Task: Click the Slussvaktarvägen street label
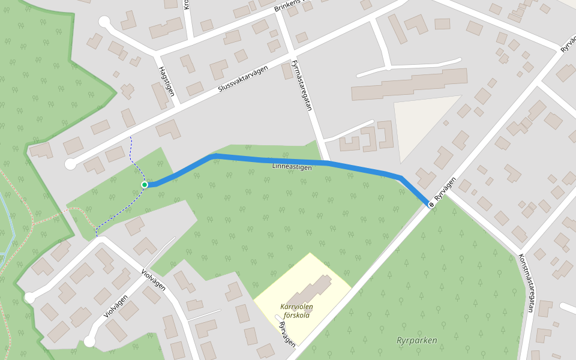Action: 242,79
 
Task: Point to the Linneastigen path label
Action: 292,167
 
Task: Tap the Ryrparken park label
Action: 416,340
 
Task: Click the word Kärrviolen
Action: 296,307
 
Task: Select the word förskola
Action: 296,315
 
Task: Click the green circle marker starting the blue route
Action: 145,184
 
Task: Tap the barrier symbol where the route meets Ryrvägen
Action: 431,205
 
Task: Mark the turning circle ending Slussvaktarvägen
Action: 71,164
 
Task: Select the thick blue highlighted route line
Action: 270,160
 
